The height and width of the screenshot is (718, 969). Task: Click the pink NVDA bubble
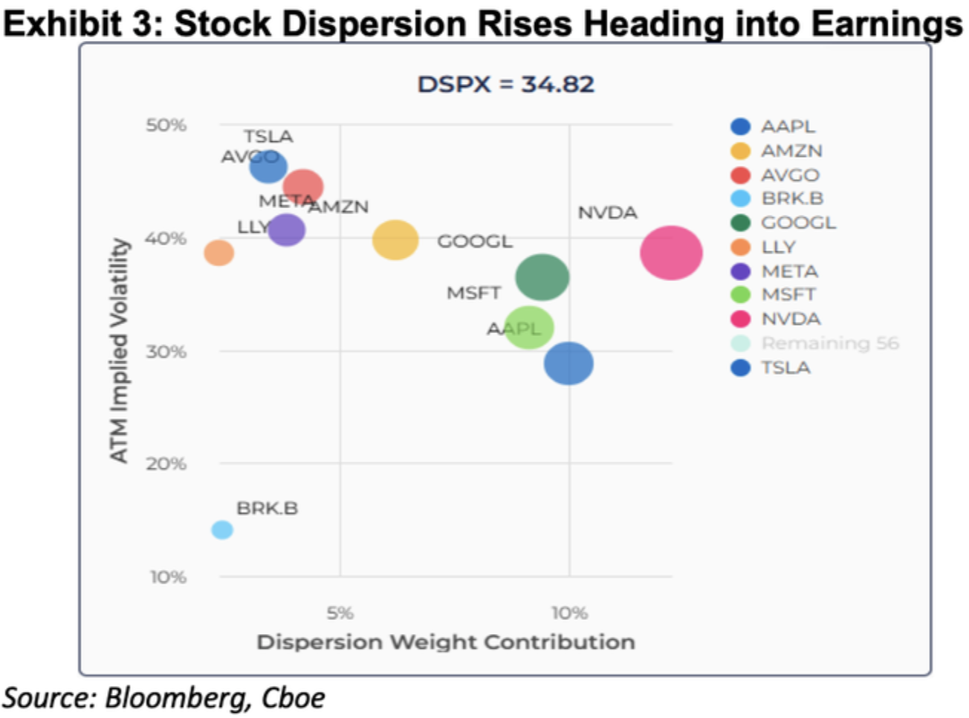[x=671, y=253]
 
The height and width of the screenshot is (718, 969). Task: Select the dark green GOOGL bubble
[x=542, y=277]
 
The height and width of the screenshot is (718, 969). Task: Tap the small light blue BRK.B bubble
[x=222, y=530]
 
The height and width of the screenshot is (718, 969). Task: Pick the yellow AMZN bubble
[x=395, y=240]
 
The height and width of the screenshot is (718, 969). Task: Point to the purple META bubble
[x=286, y=230]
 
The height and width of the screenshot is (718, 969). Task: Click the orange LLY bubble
[x=219, y=253]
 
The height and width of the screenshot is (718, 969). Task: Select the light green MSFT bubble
[x=529, y=327]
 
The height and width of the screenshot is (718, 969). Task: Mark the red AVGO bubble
[x=303, y=187]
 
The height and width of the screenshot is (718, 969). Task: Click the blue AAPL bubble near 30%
[x=568, y=363]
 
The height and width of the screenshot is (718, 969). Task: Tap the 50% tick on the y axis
[x=166, y=125]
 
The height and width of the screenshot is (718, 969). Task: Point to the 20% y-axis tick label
[x=166, y=464]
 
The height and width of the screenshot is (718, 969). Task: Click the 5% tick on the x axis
[x=340, y=613]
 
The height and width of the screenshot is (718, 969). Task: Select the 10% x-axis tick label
[x=569, y=613]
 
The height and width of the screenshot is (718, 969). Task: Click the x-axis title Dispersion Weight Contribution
[x=446, y=642]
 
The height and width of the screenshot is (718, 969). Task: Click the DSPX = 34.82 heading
[x=505, y=85]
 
